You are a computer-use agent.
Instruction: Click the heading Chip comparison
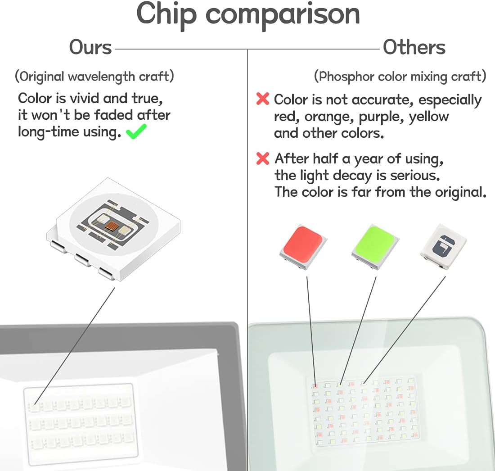(248, 14)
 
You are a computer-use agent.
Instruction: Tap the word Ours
(90, 47)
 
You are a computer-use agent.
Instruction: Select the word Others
(414, 47)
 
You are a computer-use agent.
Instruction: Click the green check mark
(136, 131)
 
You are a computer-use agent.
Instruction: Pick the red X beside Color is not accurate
(263, 99)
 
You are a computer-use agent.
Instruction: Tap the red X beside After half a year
(263, 159)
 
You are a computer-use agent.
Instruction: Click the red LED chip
(303, 247)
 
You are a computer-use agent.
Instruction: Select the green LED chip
(375, 247)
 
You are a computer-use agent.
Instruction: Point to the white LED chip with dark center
(443, 247)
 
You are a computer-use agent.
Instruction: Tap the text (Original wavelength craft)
(94, 77)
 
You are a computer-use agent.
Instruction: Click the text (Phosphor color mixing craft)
(400, 77)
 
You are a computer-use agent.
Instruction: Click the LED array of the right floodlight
(364, 411)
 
